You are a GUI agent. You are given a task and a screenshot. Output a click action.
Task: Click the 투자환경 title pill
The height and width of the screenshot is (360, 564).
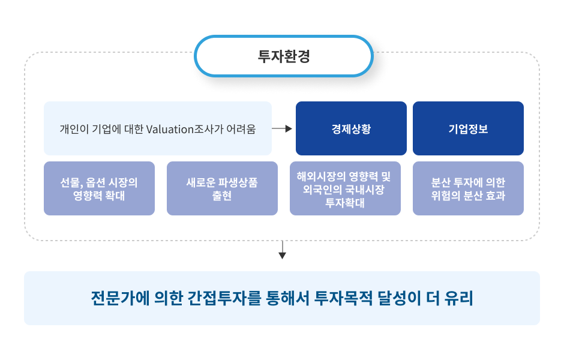point(283,56)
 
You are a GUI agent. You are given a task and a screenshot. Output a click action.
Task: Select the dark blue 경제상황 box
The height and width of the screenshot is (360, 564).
point(351,128)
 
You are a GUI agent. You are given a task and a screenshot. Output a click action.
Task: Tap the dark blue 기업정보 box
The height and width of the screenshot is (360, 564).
point(468,128)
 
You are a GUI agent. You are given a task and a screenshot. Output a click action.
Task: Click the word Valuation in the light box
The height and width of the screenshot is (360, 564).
point(170,129)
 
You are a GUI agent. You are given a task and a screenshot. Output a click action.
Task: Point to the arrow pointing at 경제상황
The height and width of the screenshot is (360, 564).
point(282,128)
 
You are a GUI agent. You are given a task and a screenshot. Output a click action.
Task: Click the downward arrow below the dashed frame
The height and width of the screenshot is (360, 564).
point(283,250)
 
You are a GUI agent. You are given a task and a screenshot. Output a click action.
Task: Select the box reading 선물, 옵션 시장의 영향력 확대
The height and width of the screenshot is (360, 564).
point(99,188)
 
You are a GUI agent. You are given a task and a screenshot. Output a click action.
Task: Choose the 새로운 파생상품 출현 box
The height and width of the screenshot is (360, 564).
point(222,188)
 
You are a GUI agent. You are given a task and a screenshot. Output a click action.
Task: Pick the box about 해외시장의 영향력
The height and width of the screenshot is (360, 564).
point(346,188)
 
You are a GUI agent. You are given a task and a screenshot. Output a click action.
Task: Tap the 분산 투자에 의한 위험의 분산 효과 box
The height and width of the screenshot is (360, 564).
point(468,188)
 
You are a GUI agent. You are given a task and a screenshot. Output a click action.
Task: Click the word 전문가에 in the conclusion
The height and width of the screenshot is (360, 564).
point(120,298)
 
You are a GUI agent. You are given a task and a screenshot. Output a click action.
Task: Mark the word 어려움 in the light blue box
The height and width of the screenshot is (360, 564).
point(241,129)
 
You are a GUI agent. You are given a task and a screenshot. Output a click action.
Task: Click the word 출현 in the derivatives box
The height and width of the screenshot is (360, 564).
point(222,196)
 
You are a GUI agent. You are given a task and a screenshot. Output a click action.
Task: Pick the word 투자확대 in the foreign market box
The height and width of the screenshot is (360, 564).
point(345,203)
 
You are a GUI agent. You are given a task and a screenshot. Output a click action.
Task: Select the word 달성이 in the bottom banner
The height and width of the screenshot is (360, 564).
point(399,298)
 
